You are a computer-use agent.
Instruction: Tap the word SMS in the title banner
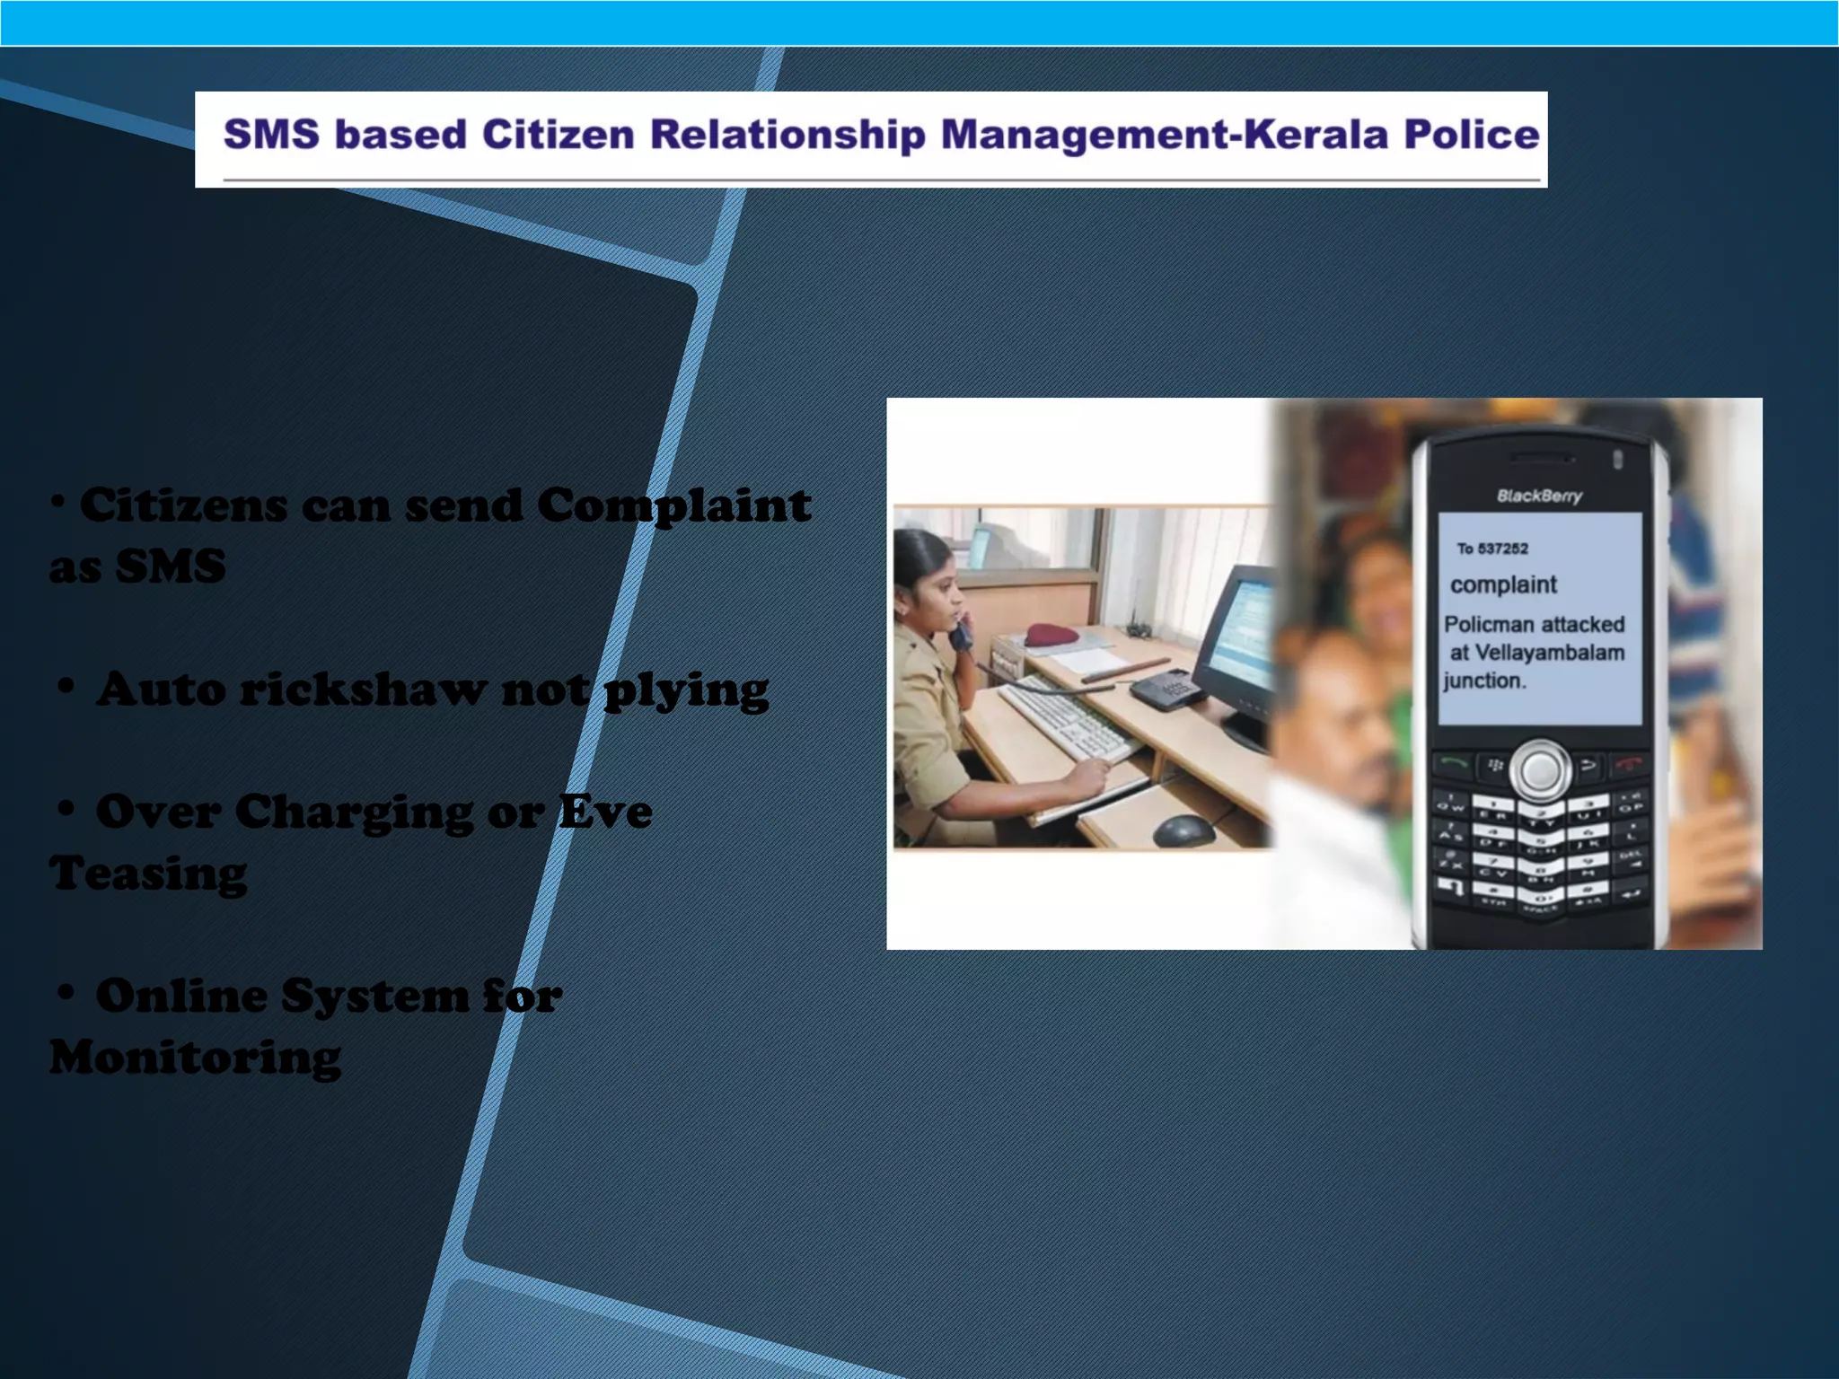[x=271, y=135]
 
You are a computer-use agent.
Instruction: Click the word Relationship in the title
[x=788, y=135]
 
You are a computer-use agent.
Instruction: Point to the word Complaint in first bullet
[x=673, y=505]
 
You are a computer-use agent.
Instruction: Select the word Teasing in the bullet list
[x=148, y=874]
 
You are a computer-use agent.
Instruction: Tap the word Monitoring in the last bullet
[x=195, y=1058]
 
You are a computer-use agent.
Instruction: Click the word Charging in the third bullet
[x=353, y=812]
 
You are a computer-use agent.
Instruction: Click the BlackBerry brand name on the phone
[x=1539, y=496]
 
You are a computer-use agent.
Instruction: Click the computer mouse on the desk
[x=1183, y=830]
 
